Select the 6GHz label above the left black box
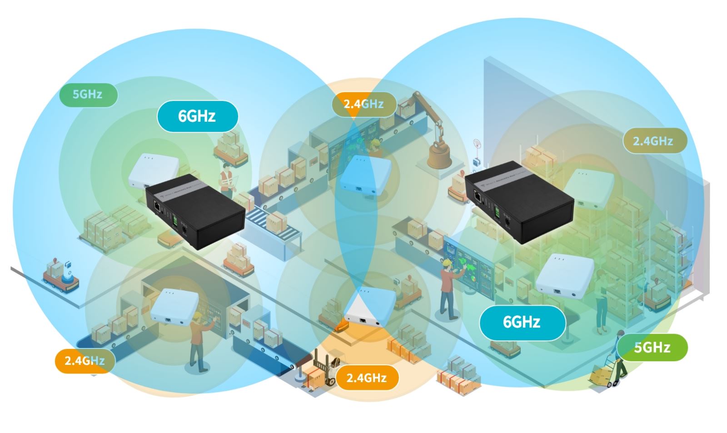[x=197, y=116]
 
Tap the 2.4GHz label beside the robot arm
[x=363, y=104]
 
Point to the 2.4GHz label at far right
[x=653, y=141]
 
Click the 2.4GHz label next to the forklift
[x=367, y=378]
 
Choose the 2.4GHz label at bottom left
[x=85, y=361]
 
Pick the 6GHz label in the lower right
[x=522, y=322]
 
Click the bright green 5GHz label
[x=652, y=348]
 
